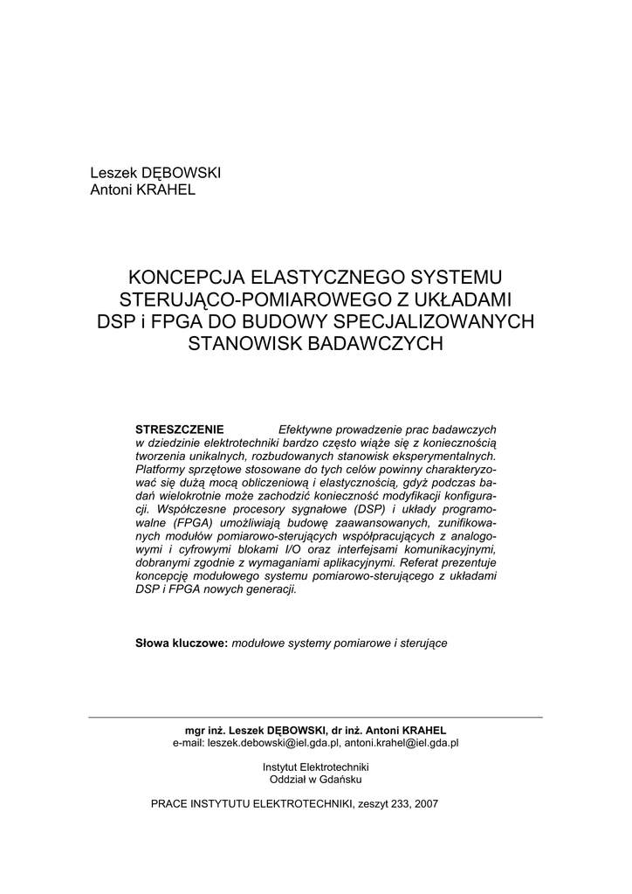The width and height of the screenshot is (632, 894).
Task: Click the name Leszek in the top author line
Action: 112,173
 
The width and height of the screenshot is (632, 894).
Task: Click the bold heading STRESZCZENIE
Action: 180,430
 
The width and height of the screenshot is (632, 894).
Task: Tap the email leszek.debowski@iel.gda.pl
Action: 274,743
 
